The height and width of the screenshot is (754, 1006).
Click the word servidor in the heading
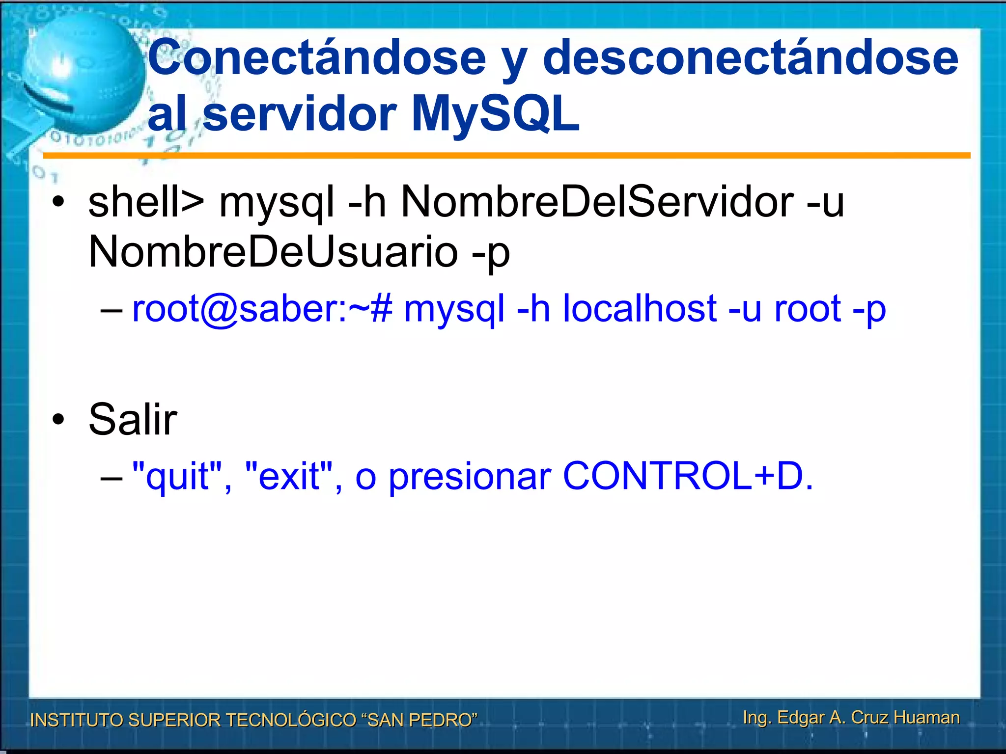click(300, 114)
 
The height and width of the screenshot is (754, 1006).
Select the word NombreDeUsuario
click(273, 251)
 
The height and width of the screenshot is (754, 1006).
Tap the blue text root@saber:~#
click(262, 309)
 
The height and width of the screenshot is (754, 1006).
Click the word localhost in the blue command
click(640, 309)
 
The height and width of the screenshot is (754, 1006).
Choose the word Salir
click(133, 419)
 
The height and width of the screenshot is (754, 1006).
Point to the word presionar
click(470, 476)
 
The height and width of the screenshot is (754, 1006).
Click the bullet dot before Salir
click(58, 420)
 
